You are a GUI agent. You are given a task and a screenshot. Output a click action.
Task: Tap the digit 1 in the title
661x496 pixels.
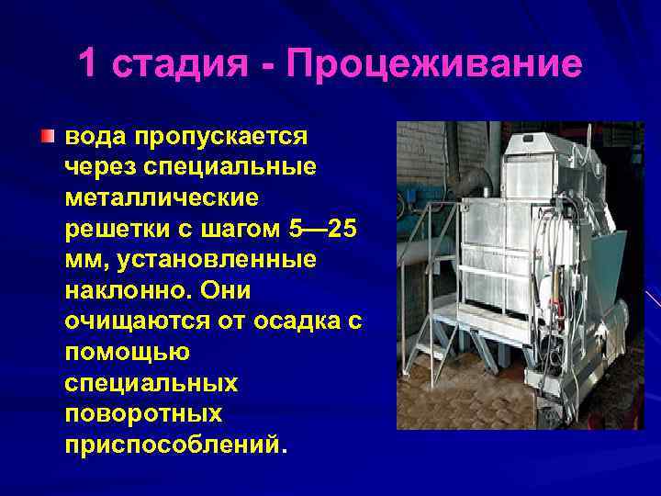[x=87, y=64]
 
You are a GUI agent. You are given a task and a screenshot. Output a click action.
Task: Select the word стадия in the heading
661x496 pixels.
[x=180, y=65]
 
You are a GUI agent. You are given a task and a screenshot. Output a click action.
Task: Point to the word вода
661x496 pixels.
[x=95, y=138]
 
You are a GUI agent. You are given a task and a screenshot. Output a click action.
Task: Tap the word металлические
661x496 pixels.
[x=162, y=198]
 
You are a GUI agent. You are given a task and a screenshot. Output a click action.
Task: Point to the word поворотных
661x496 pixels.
[x=144, y=413]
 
